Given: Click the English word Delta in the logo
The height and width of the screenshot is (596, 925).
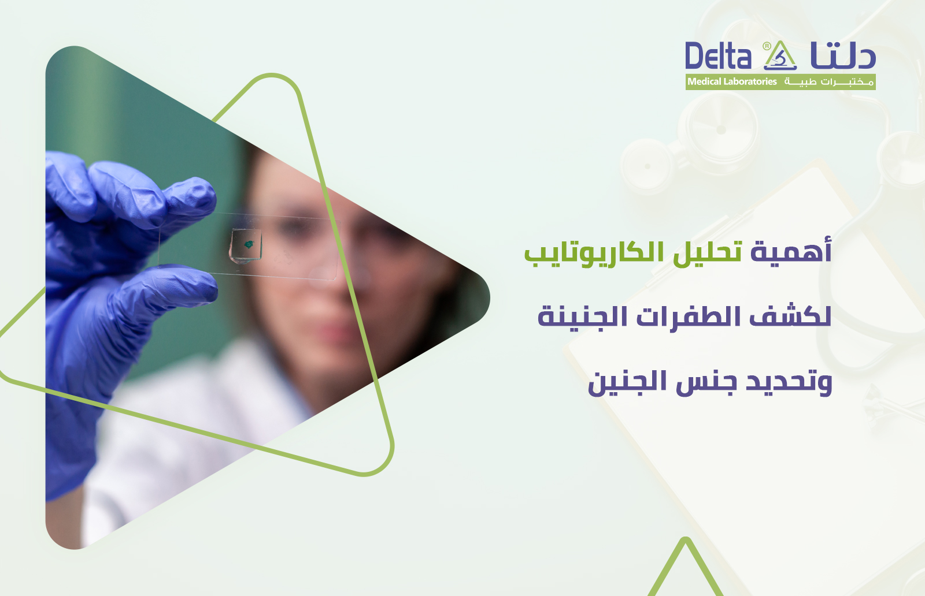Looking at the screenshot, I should click(x=718, y=57).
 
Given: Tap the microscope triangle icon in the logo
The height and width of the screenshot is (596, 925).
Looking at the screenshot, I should click(x=781, y=56).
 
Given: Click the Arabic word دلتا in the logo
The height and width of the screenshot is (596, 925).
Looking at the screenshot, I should click(x=843, y=57).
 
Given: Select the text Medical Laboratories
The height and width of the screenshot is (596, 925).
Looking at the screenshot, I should click(x=732, y=82).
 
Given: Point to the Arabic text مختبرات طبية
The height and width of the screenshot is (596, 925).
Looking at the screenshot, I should click(x=828, y=82).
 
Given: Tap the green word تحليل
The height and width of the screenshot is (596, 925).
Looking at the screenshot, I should click(x=707, y=253).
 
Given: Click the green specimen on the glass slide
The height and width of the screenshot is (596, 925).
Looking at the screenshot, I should click(x=249, y=245).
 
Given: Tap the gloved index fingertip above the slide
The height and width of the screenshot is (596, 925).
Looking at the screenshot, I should click(x=199, y=191).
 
